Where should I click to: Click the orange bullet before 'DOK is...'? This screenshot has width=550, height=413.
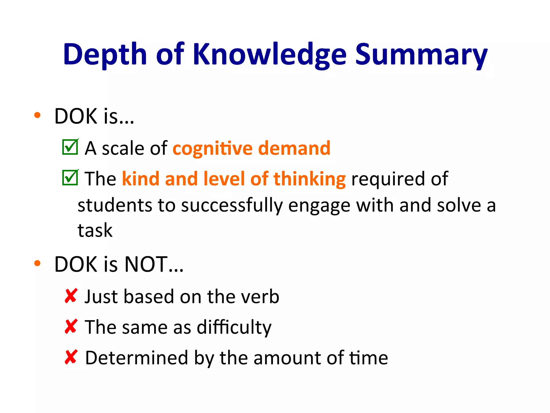37,116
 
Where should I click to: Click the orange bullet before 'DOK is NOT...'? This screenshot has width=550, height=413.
37,264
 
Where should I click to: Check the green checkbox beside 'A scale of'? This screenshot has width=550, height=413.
70,147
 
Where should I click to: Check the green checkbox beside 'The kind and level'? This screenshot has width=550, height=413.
70,178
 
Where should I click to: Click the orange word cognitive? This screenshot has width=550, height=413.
212,148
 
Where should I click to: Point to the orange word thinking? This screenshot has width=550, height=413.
309,179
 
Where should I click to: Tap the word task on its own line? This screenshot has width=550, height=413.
95,230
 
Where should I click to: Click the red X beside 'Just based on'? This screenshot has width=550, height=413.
71,296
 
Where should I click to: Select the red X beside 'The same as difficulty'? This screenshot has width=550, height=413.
71,326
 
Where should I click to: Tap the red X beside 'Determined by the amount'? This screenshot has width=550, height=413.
71,357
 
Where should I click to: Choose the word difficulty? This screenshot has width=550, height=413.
234,327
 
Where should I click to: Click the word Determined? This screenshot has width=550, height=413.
136,358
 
